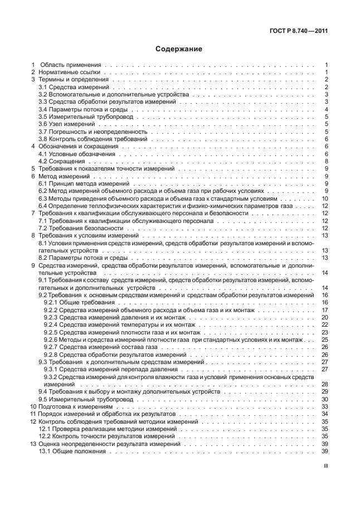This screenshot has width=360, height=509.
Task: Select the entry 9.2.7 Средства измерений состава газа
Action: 100,346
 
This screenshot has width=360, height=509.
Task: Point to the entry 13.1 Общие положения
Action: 72,450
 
